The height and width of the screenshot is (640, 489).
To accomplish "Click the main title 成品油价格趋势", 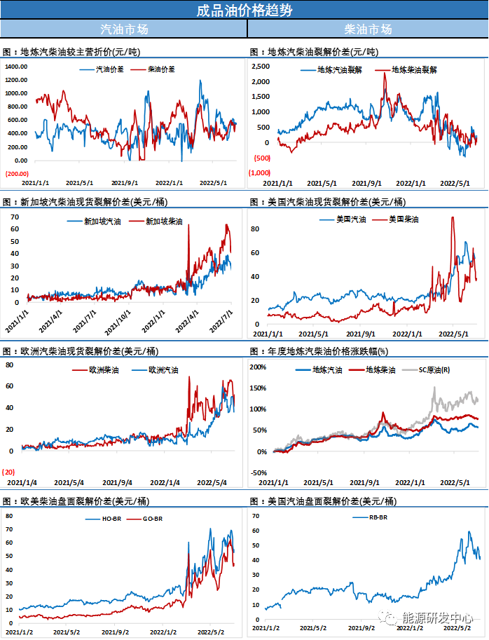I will [x=244, y=10].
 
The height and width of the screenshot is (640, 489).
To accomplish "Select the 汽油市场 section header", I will [x=124, y=29].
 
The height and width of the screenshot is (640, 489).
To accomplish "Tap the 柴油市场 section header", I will [x=368, y=29].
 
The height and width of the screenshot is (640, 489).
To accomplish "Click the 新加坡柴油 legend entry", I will [x=164, y=222].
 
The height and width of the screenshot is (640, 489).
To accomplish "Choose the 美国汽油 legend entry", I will [x=351, y=219].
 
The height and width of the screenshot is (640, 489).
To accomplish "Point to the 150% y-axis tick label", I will [x=259, y=388].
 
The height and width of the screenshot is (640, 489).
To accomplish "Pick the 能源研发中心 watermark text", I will [x=434, y=618].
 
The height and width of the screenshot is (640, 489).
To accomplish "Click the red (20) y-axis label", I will [x=9, y=471].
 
